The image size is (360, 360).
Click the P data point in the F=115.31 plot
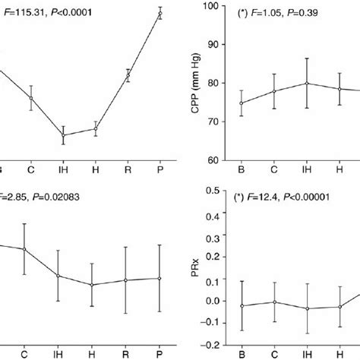tap(159, 13)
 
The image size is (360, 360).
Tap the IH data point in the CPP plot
tap(307, 84)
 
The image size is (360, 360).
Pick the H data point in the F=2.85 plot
tap(92, 285)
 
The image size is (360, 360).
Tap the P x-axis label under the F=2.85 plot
tap(159, 354)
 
